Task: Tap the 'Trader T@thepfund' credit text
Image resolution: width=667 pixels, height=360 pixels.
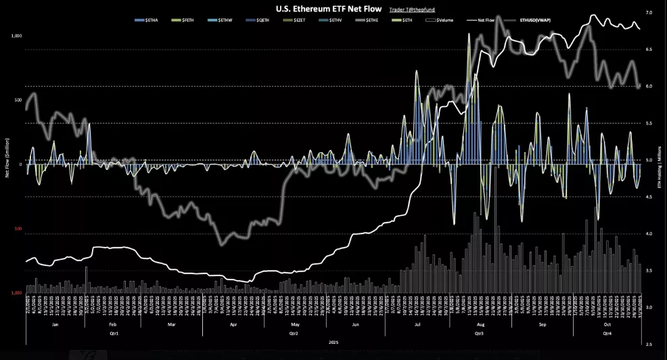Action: pyautogui.click(x=413, y=9)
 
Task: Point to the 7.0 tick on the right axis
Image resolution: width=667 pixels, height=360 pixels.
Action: pyautogui.click(x=649, y=13)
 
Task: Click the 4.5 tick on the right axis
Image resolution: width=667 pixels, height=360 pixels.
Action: pyautogui.click(x=649, y=197)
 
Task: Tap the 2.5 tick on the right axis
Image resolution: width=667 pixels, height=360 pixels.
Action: pyautogui.click(x=649, y=344)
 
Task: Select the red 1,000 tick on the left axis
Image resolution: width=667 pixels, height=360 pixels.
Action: pyautogui.click(x=17, y=293)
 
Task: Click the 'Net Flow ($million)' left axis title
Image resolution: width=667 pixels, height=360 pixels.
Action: pyautogui.click(x=7, y=163)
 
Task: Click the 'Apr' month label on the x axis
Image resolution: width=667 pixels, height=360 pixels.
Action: pyautogui.click(x=233, y=325)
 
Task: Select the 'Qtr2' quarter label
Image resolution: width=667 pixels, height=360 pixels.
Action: pyautogui.click(x=293, y=334)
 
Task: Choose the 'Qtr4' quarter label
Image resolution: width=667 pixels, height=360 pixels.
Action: pyautogui.click(x=606, y=334)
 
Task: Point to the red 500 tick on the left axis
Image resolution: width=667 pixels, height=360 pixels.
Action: pyautogui.click(x=18, y=229)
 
